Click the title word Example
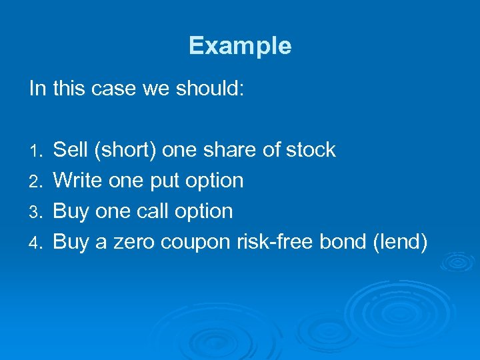pos(240,46)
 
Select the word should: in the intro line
pos(211,89)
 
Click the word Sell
pos(71,150)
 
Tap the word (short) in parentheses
pos(125,151)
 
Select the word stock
pos(311,150)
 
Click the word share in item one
pos(227,150)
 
